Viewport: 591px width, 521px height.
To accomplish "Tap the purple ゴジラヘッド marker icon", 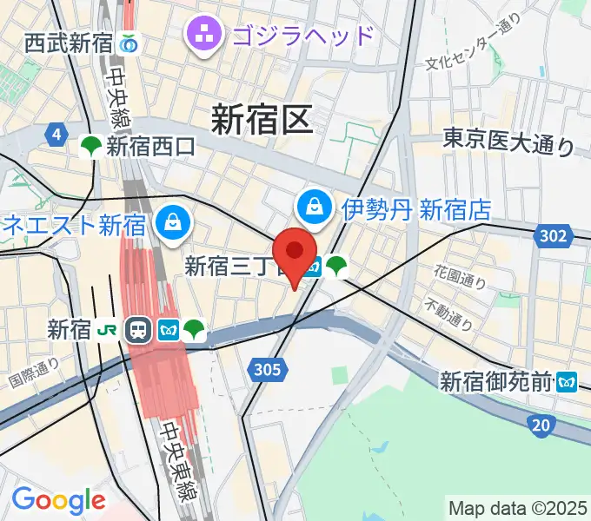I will (x=207, y=36).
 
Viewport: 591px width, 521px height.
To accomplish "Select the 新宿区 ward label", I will (x=261, y=119).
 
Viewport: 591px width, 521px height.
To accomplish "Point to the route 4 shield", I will (x=57, y=135).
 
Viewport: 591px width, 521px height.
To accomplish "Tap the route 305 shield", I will (x=269, y=370).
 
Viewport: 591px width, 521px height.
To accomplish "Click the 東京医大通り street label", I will (x=509, y=141).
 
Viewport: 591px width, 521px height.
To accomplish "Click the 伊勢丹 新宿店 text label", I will (x=416, y=209).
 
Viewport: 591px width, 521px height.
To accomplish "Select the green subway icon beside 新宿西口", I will (x=90, y=148).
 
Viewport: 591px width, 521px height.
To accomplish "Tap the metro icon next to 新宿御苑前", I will (x=568, y=380).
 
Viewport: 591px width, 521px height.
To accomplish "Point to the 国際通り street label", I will (x=34, y=373).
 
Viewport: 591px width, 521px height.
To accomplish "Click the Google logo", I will (x=58, y=500).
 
